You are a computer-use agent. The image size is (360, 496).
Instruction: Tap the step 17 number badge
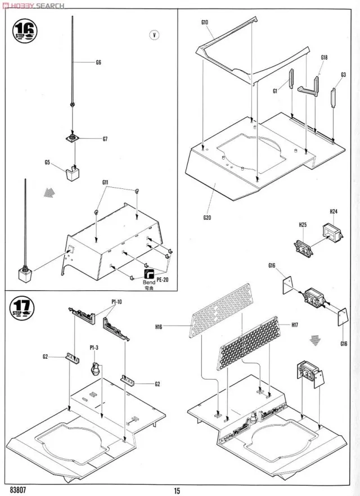[x=23, y=308]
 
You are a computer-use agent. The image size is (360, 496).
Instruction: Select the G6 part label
[x=98, y=62]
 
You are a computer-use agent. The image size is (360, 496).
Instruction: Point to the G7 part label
[x=105, y=139]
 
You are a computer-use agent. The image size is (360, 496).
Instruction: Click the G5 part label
[x=47, y=163]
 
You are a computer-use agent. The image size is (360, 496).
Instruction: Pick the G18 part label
[x=325, y=57]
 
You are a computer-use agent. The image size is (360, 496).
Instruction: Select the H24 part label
[x=333, y=211]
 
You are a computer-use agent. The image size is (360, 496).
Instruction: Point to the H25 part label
[x=302, y=225]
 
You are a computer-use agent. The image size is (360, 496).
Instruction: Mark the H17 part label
[x=295, y=324]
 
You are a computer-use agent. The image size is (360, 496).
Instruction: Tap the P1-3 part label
[x=94, y=348]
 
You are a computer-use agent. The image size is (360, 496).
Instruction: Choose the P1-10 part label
[x=116, y=301]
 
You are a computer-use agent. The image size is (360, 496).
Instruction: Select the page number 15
[x=177, y=490]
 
